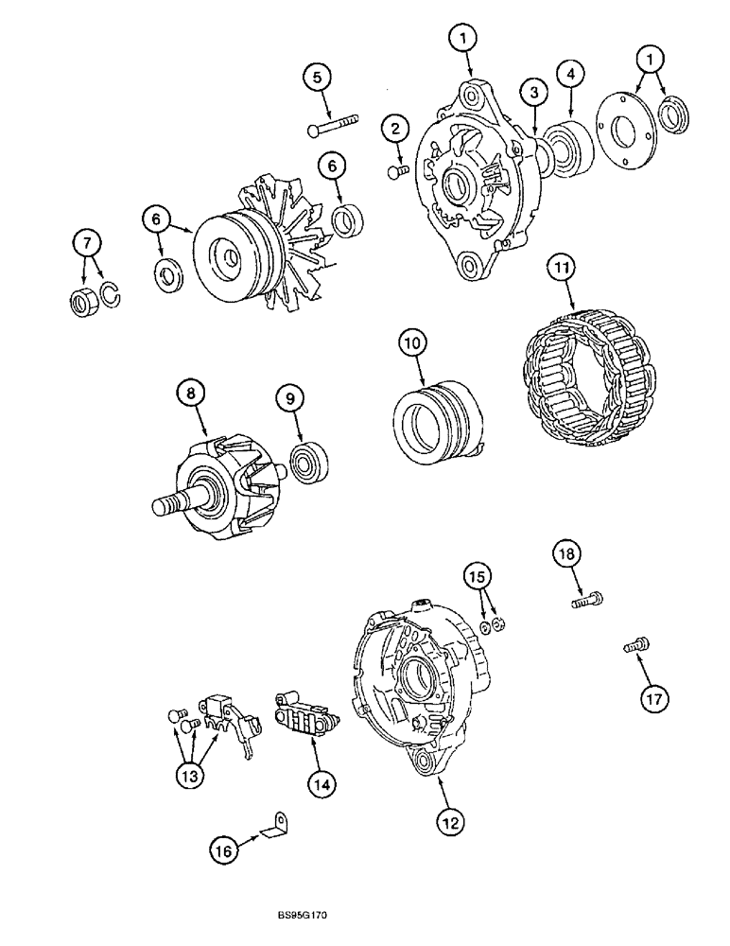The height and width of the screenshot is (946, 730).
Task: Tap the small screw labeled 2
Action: (x=397, y=170)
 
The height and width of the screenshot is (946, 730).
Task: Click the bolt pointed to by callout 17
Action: (x=634, y=647)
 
